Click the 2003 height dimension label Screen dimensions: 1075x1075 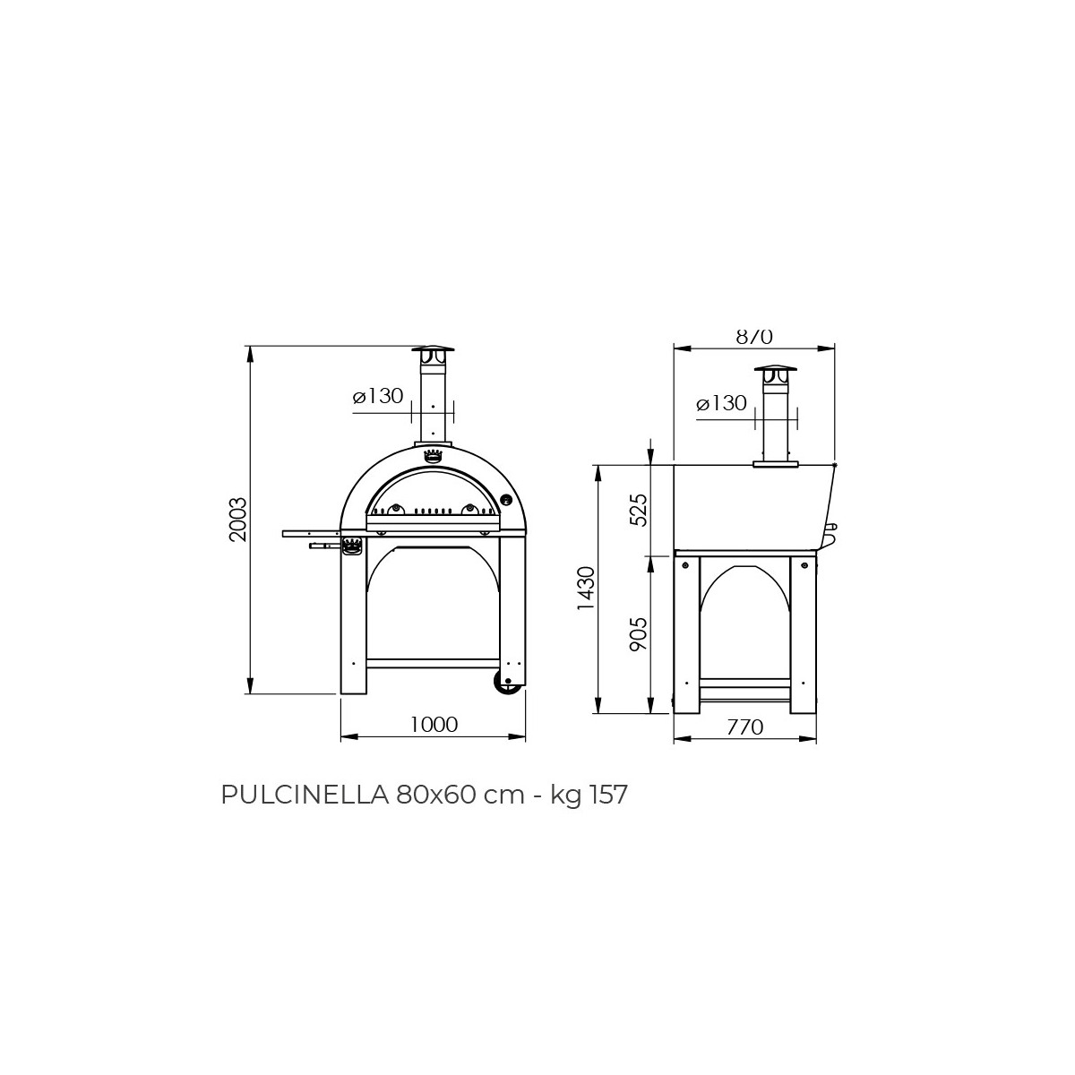tap(237, 520)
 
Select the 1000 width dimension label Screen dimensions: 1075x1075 tap(434, 725)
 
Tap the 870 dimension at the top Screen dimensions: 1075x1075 tap(754, 337)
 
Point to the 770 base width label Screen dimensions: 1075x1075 tap(744, 727)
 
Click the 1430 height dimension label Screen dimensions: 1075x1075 tap(587, 589)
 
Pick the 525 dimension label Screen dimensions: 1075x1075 tap(638, 510)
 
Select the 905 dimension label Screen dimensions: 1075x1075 tap(638, 633)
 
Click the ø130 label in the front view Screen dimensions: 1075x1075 tap(378, 396)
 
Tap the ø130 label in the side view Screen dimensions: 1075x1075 tap(721, 403)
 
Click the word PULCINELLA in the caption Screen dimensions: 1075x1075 tap(305, 795)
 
